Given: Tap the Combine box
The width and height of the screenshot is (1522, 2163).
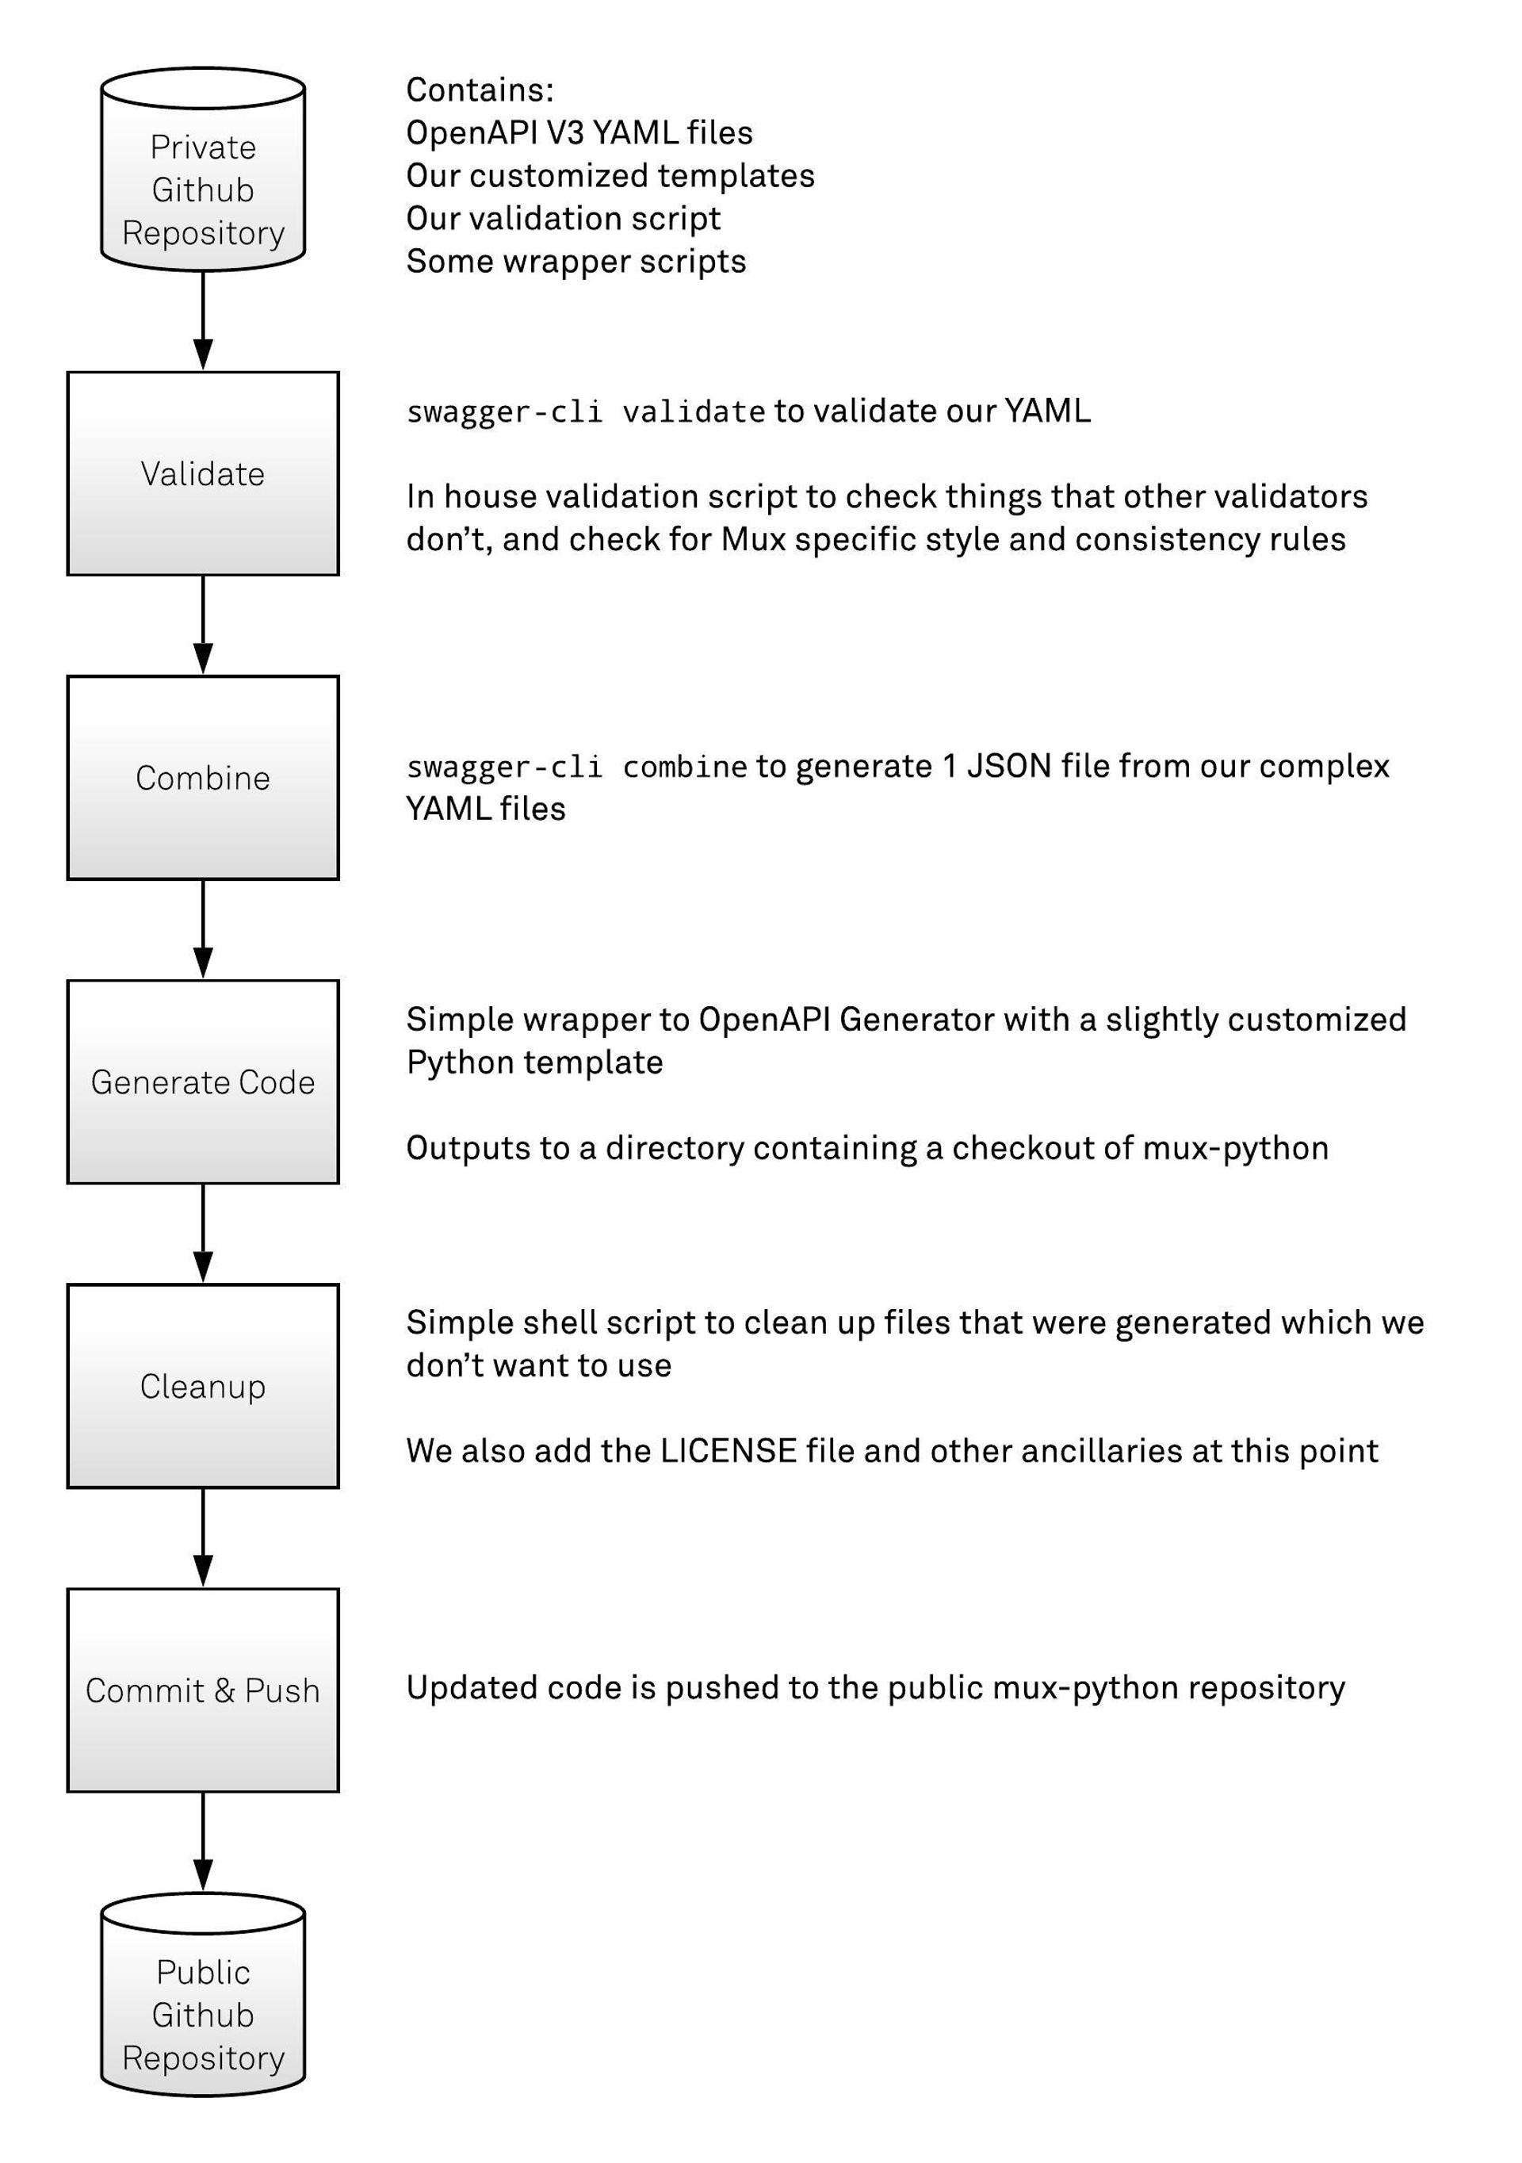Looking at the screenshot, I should click(x=202, y=777).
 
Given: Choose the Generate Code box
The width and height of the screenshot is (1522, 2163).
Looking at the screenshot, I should click(x=202, y=1081).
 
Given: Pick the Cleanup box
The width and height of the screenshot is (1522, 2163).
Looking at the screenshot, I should click(x=202, y=1386).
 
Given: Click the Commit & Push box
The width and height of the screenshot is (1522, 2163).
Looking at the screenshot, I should click(x=202, y=1690).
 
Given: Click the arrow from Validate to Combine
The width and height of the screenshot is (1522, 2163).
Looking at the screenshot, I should click(x=202, y=625).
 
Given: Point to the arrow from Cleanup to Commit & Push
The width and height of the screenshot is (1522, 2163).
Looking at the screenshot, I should click(x=202, y=1537).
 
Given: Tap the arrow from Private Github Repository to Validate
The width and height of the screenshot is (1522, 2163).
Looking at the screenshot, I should click(x=202, y=320).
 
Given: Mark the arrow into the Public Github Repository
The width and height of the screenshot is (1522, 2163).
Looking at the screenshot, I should click(x=202, y=1842).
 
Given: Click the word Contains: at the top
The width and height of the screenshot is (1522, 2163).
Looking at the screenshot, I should click(x=480, y=90).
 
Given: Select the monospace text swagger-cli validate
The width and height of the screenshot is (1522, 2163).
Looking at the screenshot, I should click(x=585, y=412).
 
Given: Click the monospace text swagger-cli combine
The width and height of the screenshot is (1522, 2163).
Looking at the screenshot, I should click(x=576, y=768).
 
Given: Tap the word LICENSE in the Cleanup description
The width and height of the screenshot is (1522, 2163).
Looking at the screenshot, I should click(x=728, y=1451).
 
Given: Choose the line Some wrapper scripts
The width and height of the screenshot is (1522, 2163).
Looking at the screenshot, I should click(x=576, y=262).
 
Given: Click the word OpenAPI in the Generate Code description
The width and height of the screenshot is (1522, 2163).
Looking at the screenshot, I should click(x=764, y=1020).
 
